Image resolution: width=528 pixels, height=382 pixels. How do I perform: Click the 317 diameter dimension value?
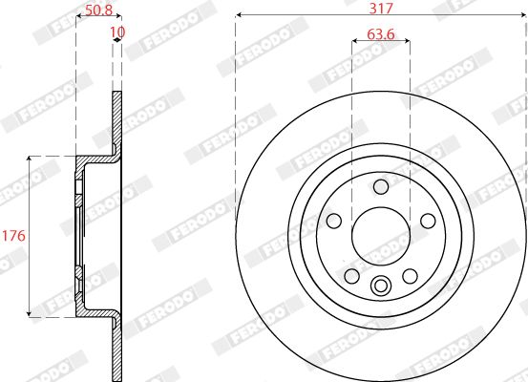381,8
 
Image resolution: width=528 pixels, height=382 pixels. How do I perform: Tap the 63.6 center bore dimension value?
381,34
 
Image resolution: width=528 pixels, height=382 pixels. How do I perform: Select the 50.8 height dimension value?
98,10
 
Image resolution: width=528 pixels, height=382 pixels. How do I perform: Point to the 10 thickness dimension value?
117,32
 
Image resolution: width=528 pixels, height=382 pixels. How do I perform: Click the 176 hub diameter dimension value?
13,236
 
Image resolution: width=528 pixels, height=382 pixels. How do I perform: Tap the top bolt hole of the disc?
381,186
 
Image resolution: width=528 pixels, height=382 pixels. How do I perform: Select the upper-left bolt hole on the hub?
334,221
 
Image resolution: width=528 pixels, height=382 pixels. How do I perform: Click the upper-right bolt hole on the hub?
428,221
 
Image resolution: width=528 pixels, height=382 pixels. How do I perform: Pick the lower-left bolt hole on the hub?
352,276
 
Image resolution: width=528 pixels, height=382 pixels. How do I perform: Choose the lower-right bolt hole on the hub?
410,276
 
